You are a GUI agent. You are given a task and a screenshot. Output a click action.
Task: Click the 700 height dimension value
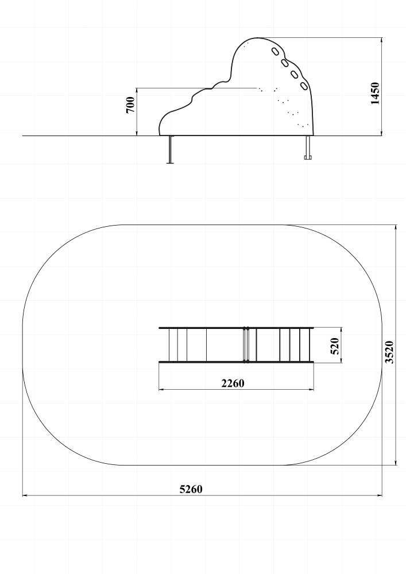130,105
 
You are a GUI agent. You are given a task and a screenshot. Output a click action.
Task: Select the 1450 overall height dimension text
375,94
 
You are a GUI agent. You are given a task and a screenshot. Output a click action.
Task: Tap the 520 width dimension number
335,346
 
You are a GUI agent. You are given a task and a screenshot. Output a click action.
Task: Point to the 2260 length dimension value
233,383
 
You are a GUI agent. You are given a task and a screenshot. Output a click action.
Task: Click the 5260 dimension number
191,489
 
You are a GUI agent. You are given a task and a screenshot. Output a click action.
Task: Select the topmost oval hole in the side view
275,52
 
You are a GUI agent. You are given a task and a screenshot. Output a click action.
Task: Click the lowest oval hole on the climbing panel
304,87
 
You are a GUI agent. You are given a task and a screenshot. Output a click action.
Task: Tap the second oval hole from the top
285,63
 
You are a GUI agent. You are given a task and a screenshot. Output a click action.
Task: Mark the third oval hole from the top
295,75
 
